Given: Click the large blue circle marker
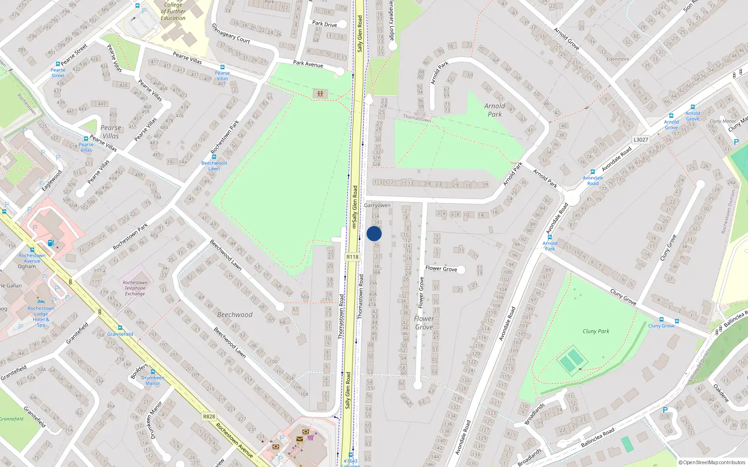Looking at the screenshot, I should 374,233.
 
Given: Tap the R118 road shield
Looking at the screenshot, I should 352,257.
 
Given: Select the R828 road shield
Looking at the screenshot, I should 209,417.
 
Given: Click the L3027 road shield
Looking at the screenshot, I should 641,140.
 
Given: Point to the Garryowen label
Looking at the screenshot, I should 377,205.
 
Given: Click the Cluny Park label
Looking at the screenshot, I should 596,331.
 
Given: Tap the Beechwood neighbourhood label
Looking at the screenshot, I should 235,315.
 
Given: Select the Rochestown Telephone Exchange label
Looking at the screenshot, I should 135,288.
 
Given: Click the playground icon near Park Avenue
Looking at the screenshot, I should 320,94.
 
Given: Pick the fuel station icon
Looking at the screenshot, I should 51,243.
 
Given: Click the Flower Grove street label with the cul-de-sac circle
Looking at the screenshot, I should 441,269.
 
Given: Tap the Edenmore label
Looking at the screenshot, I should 618,59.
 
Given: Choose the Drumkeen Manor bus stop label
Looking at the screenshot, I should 153,380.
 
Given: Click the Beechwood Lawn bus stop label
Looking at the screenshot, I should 214,166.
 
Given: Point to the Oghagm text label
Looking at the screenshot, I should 27,267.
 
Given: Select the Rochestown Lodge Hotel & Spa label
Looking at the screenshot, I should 41,317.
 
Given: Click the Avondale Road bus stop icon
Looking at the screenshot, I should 593,172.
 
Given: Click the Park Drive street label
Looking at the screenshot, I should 324,24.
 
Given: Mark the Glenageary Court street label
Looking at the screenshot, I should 231,34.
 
